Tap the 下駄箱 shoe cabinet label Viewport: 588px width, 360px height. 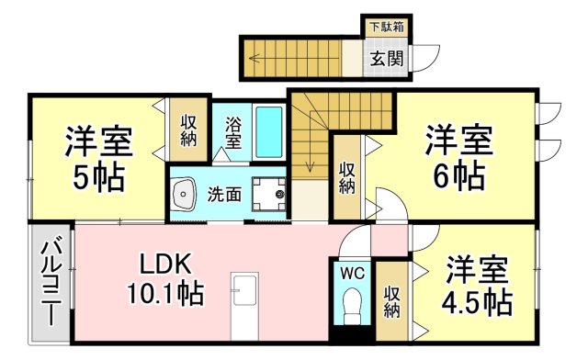tap(386, 27)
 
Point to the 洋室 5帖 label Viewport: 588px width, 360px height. tap(98, 158)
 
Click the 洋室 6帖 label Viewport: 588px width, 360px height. tap(458, 156)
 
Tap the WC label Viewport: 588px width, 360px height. tap(353, 273)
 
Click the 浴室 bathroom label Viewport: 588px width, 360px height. tap(233, 131)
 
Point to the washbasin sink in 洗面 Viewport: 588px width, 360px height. tap(185, 194)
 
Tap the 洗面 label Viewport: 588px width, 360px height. tap(223, 194)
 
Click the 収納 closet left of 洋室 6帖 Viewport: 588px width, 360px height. tap(346, 177)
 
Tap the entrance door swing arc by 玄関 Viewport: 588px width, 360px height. tap(423, 61)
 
